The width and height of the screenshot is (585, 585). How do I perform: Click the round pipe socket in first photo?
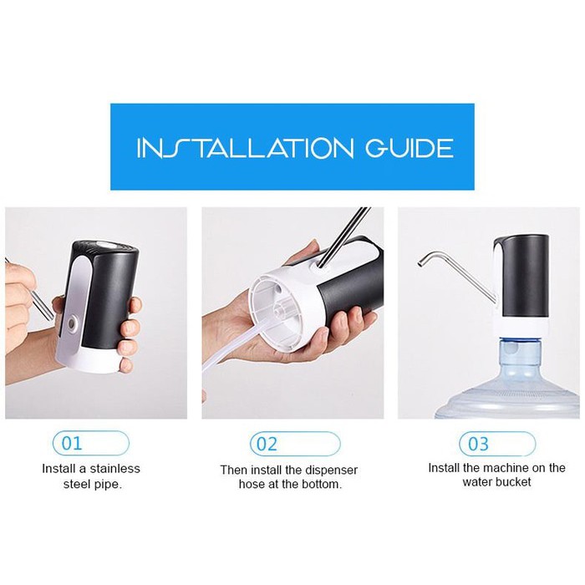pyautogui.click(x=72, y=322)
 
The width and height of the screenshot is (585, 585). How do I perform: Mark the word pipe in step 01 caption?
pyautogui.click(x=107, y=485)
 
